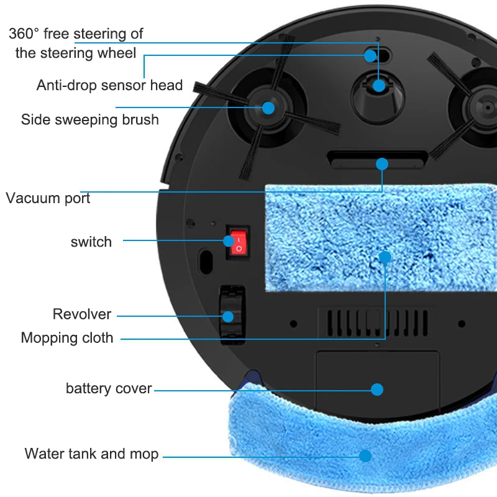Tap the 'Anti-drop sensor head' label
click(109, 85)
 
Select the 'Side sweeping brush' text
click(89, 119)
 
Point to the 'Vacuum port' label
click(48, 199)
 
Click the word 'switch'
click(91, 242)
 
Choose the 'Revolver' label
click(82, 314)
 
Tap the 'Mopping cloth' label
click(67, 338)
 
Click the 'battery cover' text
click(109, 389)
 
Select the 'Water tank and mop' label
click(91, 454)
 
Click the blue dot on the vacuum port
click(382, 164)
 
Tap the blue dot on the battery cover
click(377, 390)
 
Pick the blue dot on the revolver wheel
click(228, 317)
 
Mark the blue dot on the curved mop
click(365, 455)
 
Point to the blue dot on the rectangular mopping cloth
click(385, 257)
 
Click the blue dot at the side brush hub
click(268, 107)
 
